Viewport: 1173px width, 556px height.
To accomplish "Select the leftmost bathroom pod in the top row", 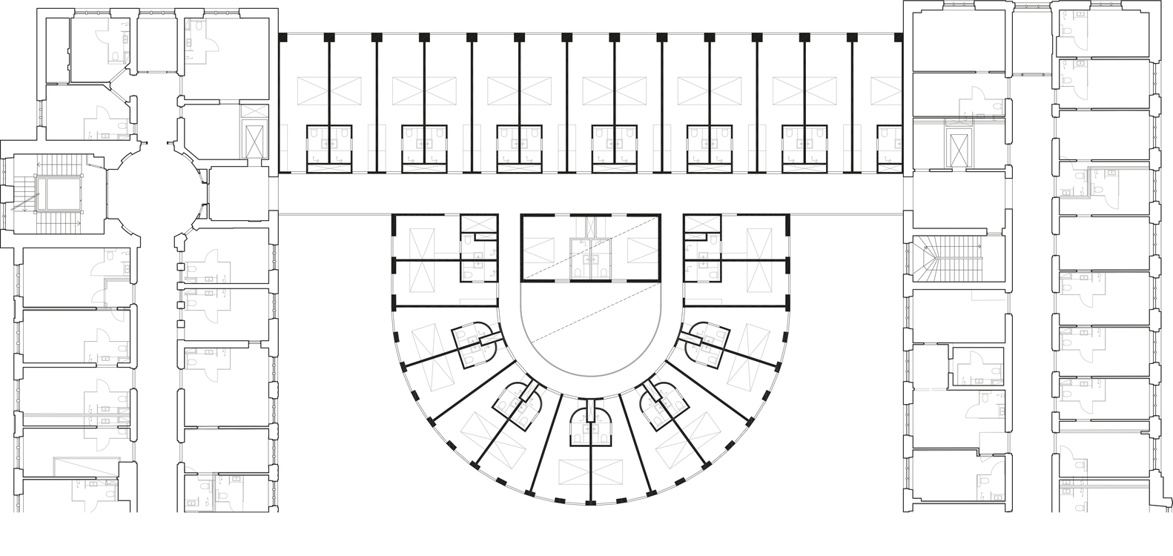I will [x=329, y=148].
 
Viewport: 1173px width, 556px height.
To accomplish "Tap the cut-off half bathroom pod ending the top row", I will [x=890, y=148].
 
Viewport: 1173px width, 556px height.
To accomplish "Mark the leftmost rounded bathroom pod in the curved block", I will [x=475, y=345].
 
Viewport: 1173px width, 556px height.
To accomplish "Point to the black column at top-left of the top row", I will [x=282, y=36].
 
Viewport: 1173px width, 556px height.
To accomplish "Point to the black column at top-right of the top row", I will [x=898, y=36].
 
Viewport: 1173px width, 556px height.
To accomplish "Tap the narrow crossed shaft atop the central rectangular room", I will [x=590, y=225].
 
